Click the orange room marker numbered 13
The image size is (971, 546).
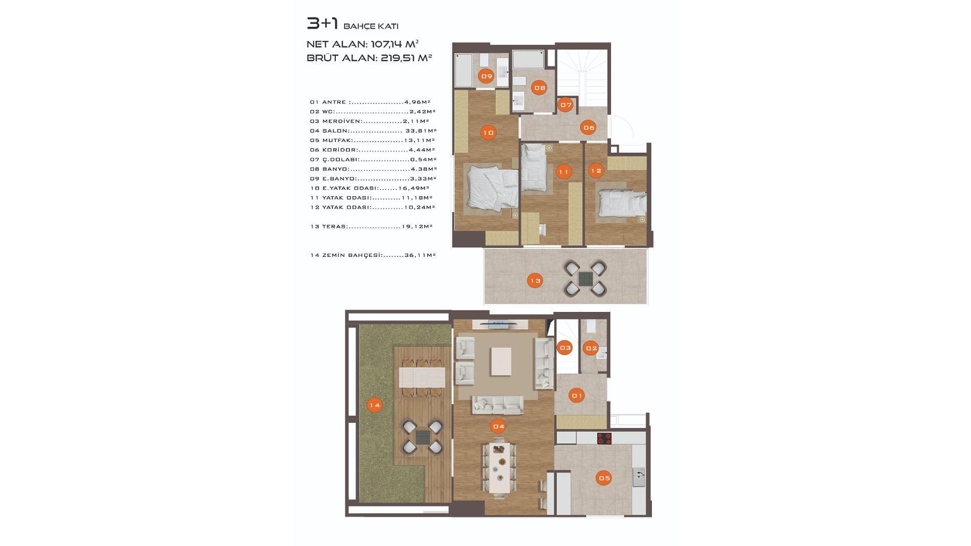tap(535, 281)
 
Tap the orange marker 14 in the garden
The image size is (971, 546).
tap(374, 405)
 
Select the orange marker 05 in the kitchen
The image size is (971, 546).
tap(604, 478)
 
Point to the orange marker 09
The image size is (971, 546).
tap(487, 76)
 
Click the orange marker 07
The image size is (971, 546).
tap(566, 105)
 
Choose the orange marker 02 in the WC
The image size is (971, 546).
tap(591, 348)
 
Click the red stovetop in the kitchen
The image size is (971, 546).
tap(604, 438)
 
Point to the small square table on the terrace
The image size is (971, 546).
tap(585, 278)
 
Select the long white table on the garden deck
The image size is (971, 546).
tap(422, 377)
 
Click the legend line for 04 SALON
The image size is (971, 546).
tap(373, 131)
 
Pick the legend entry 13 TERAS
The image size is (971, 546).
tap(371, 226)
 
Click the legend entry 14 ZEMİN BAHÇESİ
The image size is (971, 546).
tap(373, 255)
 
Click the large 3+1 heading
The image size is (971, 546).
tap(322, 23)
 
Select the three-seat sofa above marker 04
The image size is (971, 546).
tap(498, 405)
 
